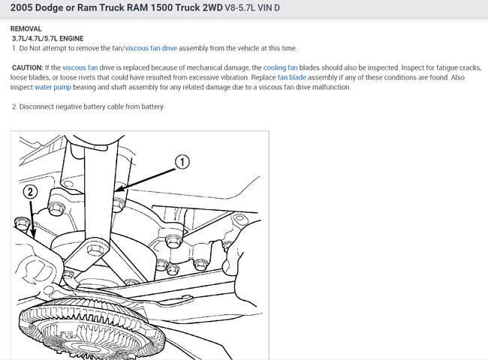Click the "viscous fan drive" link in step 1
[151, 49]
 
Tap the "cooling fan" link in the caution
[281, 67]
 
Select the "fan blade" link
[291, 77]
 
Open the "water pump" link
[53, 87]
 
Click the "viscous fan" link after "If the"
[80, 67]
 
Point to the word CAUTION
[27, 67]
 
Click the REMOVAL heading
[26, 29]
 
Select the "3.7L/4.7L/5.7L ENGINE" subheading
[47, 38]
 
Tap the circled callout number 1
[182, 162]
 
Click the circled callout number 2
[30, 192]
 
